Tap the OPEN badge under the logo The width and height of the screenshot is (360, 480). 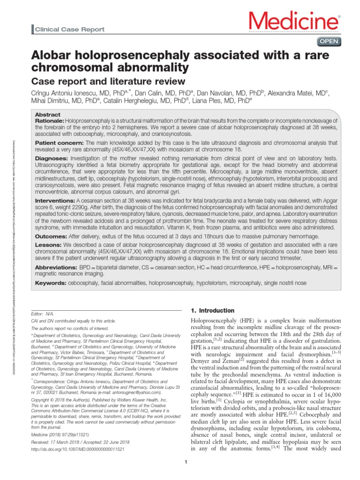click(329, 42)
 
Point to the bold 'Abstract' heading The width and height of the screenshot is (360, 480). click(48, 114)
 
